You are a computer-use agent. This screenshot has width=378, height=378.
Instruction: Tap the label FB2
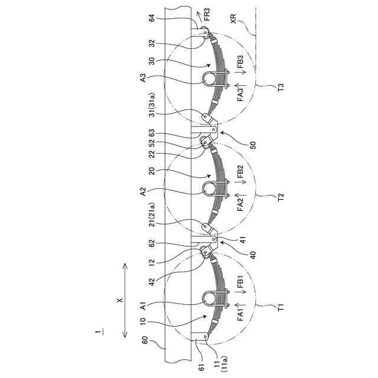pos(240,173)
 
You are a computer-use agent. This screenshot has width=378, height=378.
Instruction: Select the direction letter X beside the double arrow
pos(119,301)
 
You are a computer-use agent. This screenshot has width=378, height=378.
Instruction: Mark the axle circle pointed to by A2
pos(210,188)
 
